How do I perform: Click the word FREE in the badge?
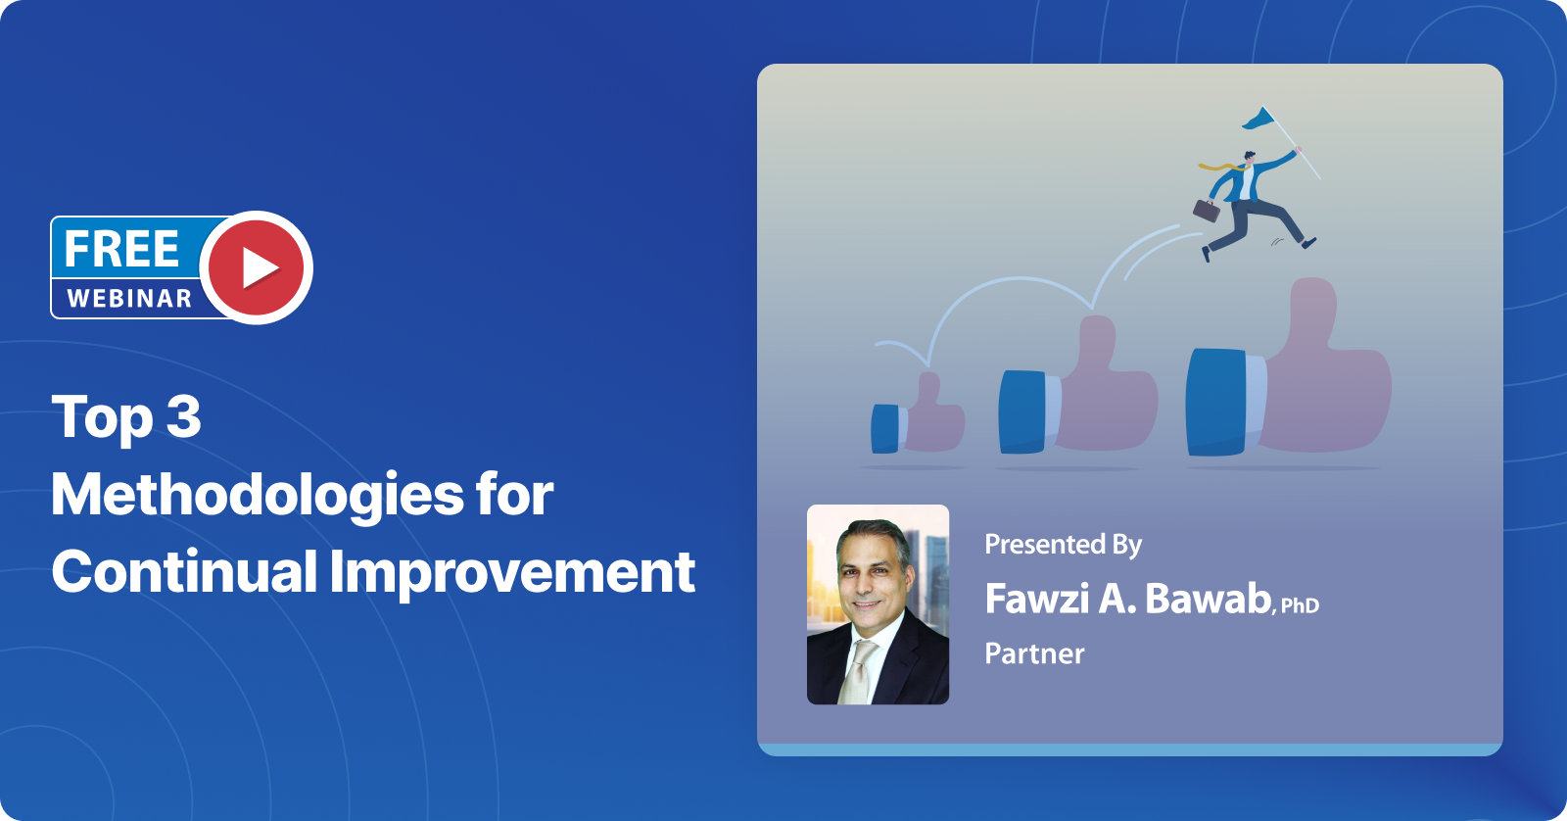tap(121, 249)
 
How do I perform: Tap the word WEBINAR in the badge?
tap(129, 299)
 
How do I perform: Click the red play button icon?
tap(257, 267)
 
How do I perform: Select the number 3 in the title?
tap(183, 417)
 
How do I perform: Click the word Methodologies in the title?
tap(257, 495)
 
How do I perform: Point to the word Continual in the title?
tap(183, 572)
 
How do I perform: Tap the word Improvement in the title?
tap(512, 572)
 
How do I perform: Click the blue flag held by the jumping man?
tap(1259, 120)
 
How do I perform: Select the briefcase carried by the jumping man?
tap(1206, 210)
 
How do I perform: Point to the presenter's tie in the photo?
tap(860, 671)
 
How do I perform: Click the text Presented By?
tap(1063, 545)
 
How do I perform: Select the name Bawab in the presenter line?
tap(1208, 599)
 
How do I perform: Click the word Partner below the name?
tap(1034, 653)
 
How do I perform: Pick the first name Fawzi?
tap(1036, 599)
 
